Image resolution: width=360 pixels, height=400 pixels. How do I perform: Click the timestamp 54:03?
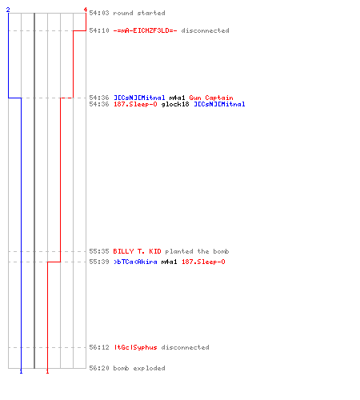click(99, 13)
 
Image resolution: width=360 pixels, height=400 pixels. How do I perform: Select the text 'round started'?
click(139, 13)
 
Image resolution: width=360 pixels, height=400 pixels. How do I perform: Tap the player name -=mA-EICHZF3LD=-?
click(145, 30)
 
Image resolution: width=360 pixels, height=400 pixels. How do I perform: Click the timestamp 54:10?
click(99, 30)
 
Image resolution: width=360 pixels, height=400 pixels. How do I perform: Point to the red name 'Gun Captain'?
click(211, 98)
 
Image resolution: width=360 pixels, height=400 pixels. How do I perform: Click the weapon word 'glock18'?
click(175, 104)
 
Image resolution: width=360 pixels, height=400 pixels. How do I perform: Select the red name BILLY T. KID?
click(137, 251)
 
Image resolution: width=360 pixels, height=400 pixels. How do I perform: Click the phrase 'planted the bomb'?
click(197, 251)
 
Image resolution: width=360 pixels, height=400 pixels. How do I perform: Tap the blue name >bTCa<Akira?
click(135, 262)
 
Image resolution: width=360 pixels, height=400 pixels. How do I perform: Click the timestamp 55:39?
click(99, 262)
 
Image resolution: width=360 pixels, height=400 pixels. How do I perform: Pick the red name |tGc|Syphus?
click(135, 347)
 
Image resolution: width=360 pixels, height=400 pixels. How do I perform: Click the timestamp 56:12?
click(99, 347)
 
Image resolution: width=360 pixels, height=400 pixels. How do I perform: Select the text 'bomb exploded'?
click(139, 368)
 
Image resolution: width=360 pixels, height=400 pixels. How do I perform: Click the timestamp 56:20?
click(99, 368)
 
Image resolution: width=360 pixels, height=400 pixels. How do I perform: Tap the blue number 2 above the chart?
click(8, 10)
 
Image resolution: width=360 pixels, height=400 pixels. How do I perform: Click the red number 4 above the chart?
click(86, 10)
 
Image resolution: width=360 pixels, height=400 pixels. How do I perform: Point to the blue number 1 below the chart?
click(21, 371)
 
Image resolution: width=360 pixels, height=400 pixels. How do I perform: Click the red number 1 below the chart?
click(47, 371)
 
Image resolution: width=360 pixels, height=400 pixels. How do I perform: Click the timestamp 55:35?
click(99, 251)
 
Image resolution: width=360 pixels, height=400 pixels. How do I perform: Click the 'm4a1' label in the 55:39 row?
click(169, 262)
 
